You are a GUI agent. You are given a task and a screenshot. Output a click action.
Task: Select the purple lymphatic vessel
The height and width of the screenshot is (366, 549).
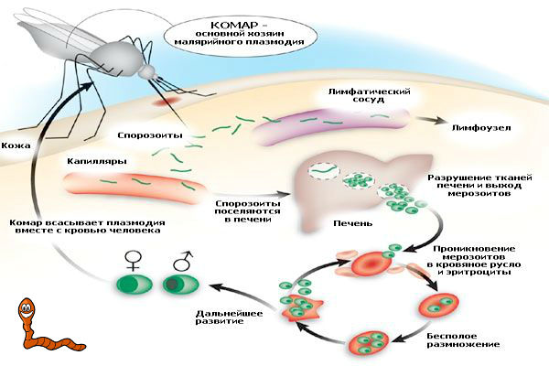pyautogui.click(x=317, y=128)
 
